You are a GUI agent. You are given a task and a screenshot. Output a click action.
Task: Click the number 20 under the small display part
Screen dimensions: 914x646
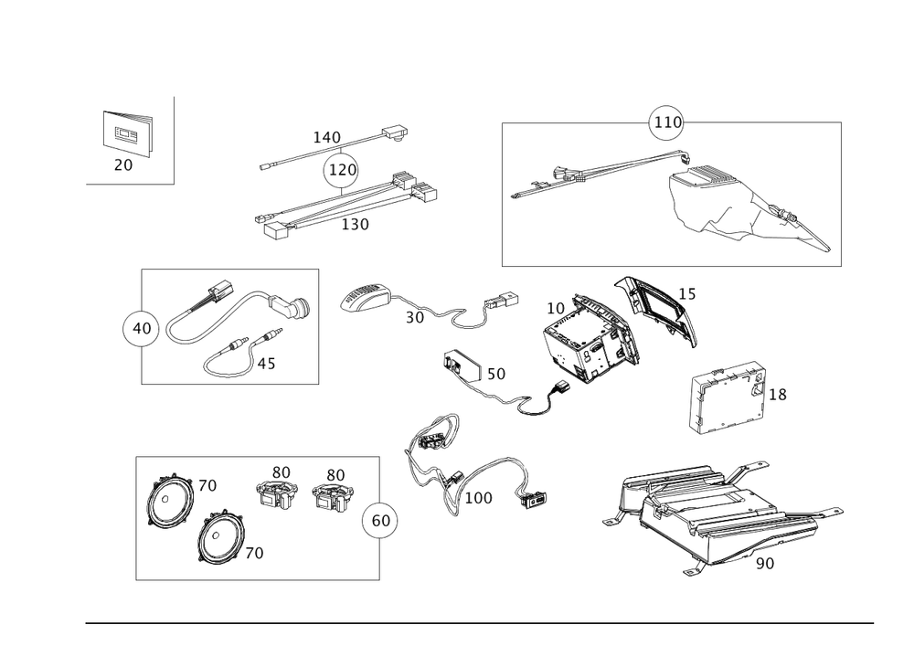[x=123, y=165]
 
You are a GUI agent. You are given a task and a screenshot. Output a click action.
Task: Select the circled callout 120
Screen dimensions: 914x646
[x=340, y=170]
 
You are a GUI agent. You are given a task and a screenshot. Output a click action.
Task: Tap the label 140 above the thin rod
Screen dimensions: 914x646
[x=326, y=137]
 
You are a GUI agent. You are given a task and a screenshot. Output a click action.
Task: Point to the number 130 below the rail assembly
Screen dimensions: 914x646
[x=355, y=224]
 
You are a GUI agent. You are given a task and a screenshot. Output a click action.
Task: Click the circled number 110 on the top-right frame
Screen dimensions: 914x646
[x=666, y=123]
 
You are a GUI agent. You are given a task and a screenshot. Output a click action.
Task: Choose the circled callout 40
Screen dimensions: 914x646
[x=140, y=328]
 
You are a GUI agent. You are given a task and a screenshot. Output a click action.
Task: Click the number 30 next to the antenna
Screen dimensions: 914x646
[x=415, y=317]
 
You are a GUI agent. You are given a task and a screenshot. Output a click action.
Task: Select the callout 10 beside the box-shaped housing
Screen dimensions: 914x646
[x=557, y=307]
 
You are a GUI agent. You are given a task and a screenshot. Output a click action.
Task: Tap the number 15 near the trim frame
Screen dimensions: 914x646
[x=687, y=294]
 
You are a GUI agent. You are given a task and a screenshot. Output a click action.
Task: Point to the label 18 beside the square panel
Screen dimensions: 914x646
[x=778, y=395]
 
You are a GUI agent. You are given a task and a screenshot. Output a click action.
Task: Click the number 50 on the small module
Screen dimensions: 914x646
[x=494, y=374]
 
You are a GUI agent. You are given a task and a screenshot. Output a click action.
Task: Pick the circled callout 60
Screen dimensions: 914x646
[x=380, y=520]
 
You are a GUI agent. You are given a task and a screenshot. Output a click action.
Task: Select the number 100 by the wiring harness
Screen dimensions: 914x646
[x=478, y=498]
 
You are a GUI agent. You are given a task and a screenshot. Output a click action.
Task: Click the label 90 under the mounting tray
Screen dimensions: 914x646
[x=764, y=564]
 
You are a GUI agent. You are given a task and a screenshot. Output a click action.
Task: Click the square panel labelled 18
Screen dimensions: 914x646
[x=725, y=398]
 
